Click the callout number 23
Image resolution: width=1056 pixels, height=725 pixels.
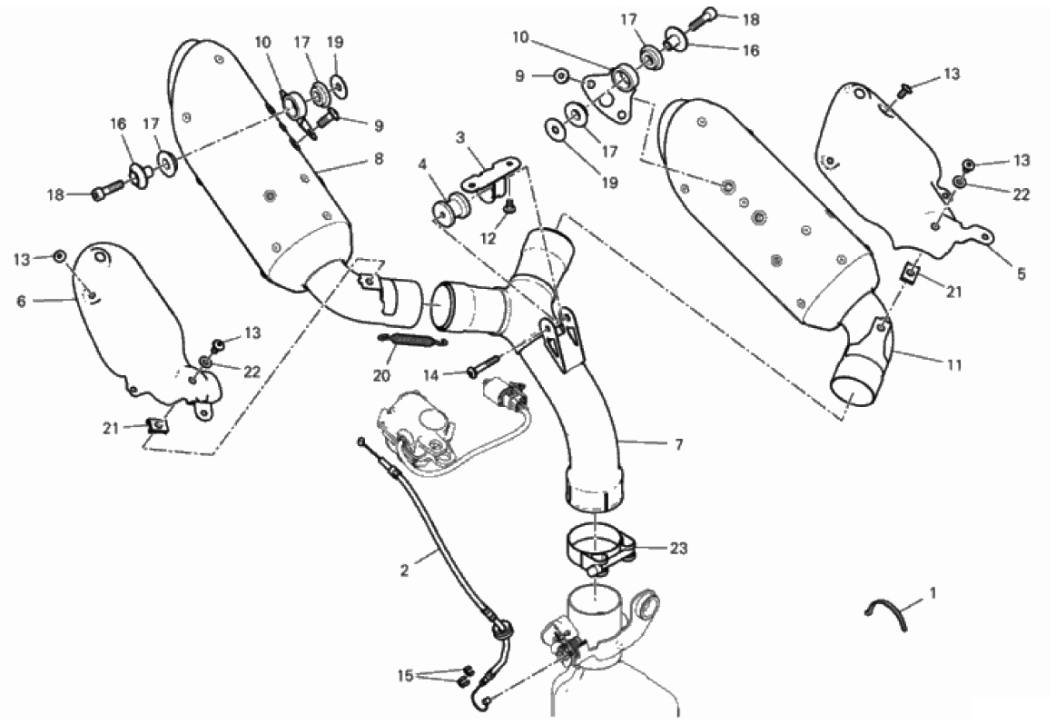[x=678, y=549]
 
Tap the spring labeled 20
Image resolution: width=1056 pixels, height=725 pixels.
[x=412, y=341]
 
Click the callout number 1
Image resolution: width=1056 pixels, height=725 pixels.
[x=933, y=593]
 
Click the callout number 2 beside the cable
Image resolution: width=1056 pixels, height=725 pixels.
[x=404, y=571]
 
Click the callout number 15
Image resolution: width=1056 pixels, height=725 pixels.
[x=405, y=675]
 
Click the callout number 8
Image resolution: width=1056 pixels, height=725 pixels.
[x=379, y=159]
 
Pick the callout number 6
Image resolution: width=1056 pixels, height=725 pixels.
[x=21, y=302]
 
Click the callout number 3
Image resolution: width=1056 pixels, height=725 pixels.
[x=460, y=138]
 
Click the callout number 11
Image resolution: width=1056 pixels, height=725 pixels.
[x=954, y=365]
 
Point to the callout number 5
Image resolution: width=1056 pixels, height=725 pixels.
[x=1021, y=273]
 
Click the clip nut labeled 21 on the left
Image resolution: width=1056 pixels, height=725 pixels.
[x=157, y=426]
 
